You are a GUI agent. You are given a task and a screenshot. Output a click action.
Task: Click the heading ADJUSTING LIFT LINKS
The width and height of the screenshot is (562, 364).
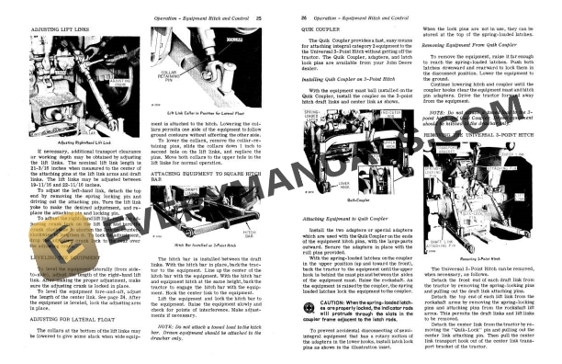[x=43, y=32]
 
